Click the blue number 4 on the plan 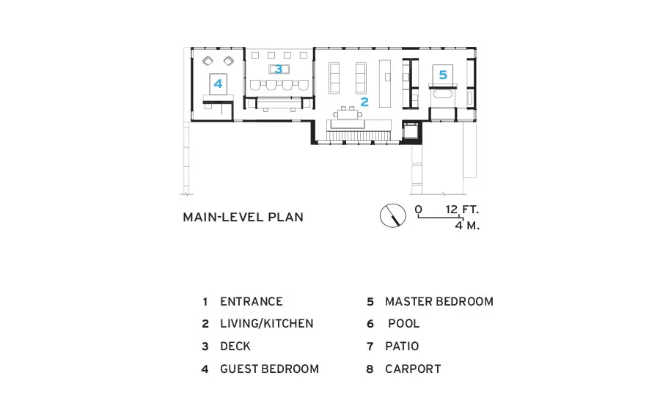point(218,84)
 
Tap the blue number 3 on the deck point(278,69)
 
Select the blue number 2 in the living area point(364,102)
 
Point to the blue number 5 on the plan point(443,75)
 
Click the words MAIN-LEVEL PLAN point(243,217)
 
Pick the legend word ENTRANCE point(252,302)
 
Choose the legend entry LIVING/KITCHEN point(267,323)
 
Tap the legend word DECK point(235,346)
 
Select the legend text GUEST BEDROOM point(269,369)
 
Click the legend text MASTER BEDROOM point(439,302)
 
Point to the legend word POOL point(403,323)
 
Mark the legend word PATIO point(402,346)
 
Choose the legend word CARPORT point(413,369)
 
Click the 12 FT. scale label point(462,210)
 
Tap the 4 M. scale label point(467,226)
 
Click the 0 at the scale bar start point(419,210)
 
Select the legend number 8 point(370,369)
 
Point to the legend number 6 point(370,324)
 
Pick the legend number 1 point(205,302)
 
